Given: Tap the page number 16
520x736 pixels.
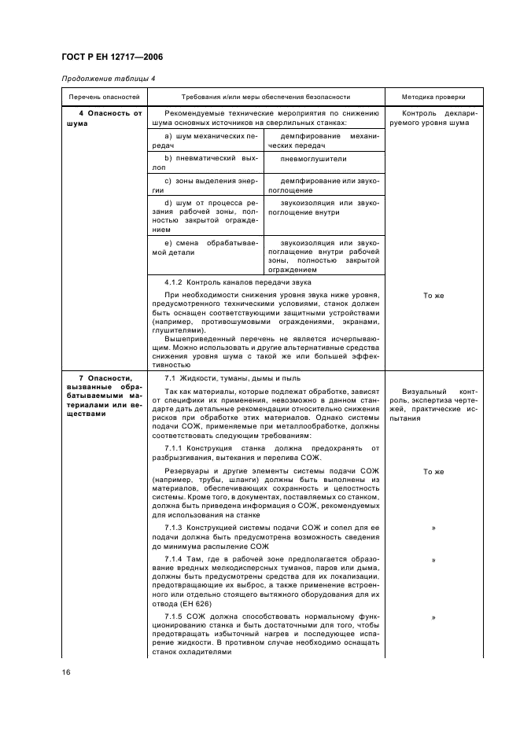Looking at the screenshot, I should pyautogui.click(x=66, y=671).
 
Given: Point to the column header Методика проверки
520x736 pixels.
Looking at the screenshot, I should pyautogui.click(x=433, y=97).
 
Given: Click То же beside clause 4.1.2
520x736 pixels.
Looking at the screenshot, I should pyautogui.click(x=433, y=296).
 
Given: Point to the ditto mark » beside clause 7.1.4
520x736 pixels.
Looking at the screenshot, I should pyautogui.click(x=433, y=561).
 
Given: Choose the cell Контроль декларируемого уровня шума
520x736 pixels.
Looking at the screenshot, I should pyautogui.click(x=433, y=117).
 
